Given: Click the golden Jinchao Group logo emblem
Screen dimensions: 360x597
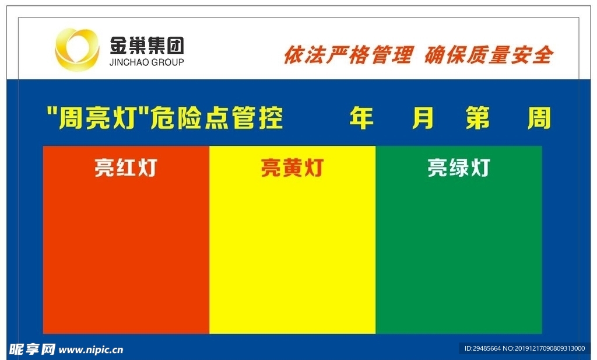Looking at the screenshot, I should [x=77, y=50].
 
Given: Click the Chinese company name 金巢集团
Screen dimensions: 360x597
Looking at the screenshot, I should [x=146, y=44].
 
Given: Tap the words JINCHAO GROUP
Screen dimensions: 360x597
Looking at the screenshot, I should [x=146, y=62].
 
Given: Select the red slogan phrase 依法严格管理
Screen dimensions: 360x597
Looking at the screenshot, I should [x=348, y=55].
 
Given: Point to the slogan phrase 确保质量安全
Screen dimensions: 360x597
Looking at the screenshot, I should [x=489, y=55].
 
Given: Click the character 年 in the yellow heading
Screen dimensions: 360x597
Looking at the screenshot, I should [x=361, y=118].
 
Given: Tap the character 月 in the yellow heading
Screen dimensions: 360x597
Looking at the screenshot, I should [x=423, y=118].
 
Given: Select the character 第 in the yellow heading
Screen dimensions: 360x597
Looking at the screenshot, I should [x=478, y=118].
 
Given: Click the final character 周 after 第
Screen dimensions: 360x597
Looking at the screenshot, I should [x=539, y=118].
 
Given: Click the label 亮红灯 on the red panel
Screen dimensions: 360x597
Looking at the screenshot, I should [x=125, y=168].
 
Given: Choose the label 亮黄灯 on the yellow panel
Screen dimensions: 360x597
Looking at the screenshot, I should [x=292, y=168].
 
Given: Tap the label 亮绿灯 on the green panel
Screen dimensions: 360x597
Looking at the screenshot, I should [x=458, y=168].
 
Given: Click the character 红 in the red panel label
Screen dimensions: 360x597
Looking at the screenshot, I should [x=125, y=168].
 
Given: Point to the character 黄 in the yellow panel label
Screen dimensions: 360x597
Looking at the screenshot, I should [x=292, y=168].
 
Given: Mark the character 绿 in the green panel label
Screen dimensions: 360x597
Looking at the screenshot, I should [x=458, y=168].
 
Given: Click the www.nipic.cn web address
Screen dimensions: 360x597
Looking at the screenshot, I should [x=92, y=350].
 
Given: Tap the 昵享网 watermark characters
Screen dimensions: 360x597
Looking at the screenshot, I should [x=32, y=349].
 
